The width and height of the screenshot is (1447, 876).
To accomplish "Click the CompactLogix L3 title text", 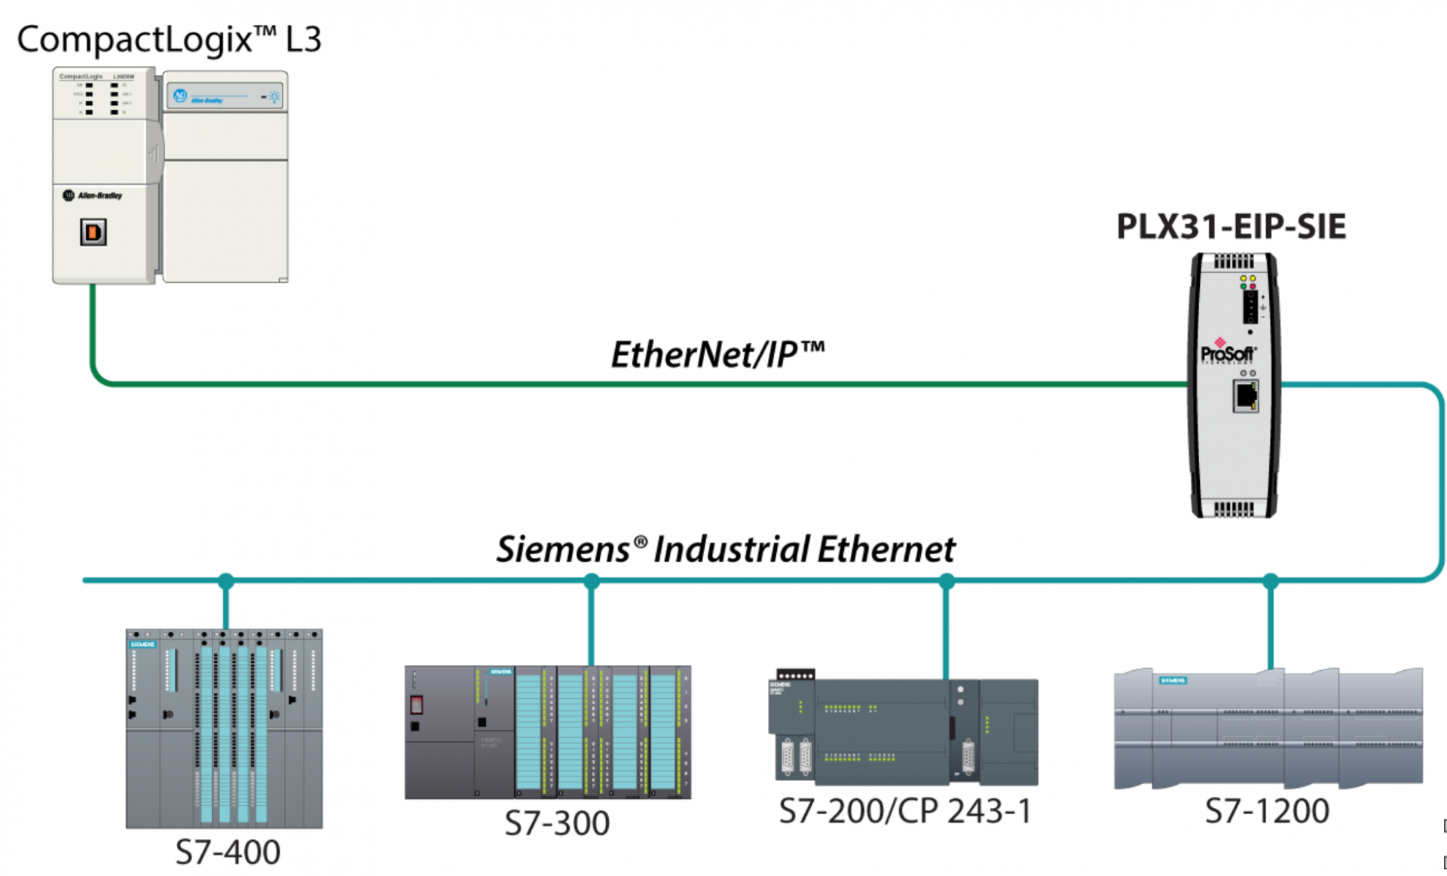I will pyautogui.click(x=169, y=39).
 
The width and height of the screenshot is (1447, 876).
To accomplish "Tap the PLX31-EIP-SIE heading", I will pyautogui.click(x=1231, y=227).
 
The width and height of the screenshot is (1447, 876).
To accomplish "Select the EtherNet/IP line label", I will pyautogui.click(x=717, y=354).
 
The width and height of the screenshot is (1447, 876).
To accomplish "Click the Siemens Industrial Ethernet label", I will pyautogui.click(x=725, y=549).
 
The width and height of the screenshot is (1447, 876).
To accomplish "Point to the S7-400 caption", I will pyautogui.click(x=228, y=853).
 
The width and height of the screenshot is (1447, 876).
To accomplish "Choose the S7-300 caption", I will pyautogui.click(x=557, y=823).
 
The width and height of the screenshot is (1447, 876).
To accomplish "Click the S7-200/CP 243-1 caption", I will pyautogui.click(x=905, y=811).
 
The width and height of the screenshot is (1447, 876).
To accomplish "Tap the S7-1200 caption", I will pyautogui.click(x=1267, y=811).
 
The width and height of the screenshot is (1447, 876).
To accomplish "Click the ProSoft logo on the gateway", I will pyautogui.click(x=1228, y=353).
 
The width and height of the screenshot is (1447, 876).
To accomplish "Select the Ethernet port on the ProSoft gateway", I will pyautogui.click(x=1245, y=396).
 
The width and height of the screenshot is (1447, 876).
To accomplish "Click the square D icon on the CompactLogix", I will pyautogui.click(x=93, y=232).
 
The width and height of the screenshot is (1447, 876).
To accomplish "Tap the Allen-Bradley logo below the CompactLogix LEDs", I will pyautogui.click(x=93, y=195).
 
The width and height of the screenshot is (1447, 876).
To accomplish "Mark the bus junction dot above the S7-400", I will pyautogui.click(x=226, y=581).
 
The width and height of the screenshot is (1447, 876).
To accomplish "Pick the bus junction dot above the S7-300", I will pyautogui.click(x=592, y=581).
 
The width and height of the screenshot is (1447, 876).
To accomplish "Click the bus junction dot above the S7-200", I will pyautogui.click(x=947, y=581).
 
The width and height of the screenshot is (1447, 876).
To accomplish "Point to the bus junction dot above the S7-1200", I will pyautogui.click(x=1271, y=581).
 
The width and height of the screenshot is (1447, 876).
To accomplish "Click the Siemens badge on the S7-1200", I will pyautogui.click(x=1173, y=680).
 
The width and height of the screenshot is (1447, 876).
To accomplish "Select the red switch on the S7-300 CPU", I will pyautogui.click(x=416, y=705).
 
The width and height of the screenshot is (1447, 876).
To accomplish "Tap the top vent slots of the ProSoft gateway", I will pyautogui.click(x=1234, y=262).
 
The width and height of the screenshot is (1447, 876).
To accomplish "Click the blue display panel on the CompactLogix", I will pyautogui.click(x=225, y=96).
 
